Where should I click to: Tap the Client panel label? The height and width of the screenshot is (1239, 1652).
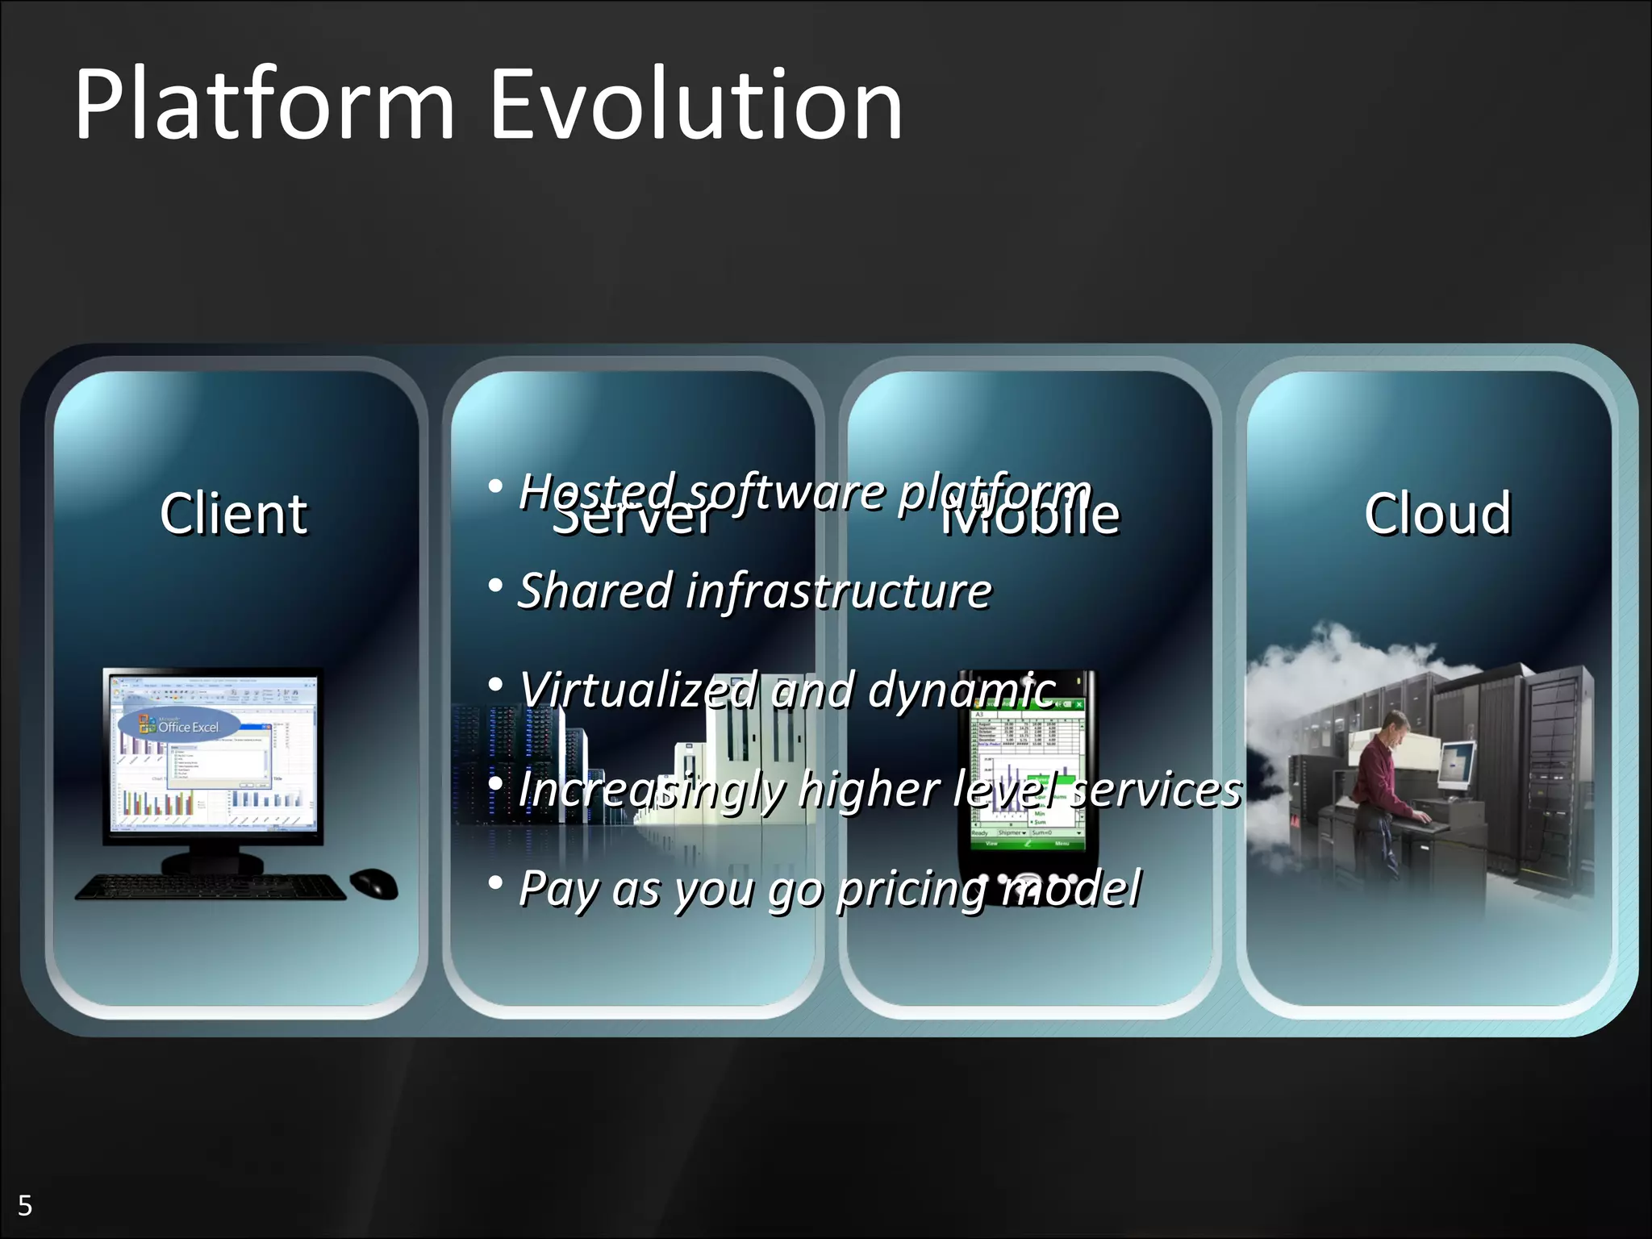(x=233, y=513)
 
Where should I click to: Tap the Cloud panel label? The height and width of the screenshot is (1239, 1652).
(x=1437, y=513)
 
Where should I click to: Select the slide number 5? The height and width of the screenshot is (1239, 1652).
(x=25, y=1206)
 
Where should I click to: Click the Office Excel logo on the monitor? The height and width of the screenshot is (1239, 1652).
(x=179, y=725)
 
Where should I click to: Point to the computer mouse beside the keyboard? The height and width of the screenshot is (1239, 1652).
(x=374, y=882)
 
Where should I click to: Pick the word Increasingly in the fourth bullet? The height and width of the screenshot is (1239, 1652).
(x=652, y=790)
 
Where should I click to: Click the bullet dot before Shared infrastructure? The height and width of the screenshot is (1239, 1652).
(x=496, y=586)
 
